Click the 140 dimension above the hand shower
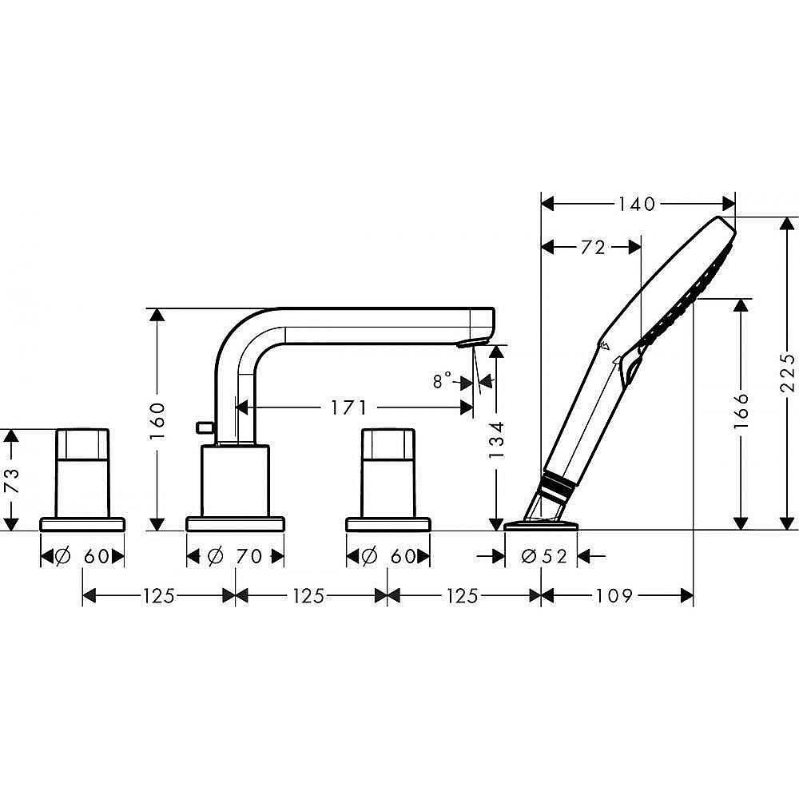(x=636, y=204)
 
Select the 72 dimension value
(x=592, y=248)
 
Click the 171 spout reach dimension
(x=348, y=408)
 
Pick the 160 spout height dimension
(x=157, y=419)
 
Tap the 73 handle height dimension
(x=10, y=479)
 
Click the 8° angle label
(x=443, y=381)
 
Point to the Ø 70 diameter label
(x=235, y=557)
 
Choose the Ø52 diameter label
(x=543, y=557)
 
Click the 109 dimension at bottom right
(x=614, y=596)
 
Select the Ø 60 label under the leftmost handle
(x=83, y=557)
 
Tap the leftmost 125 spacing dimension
(x=159, y=596)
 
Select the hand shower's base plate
(x=541, y=525)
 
